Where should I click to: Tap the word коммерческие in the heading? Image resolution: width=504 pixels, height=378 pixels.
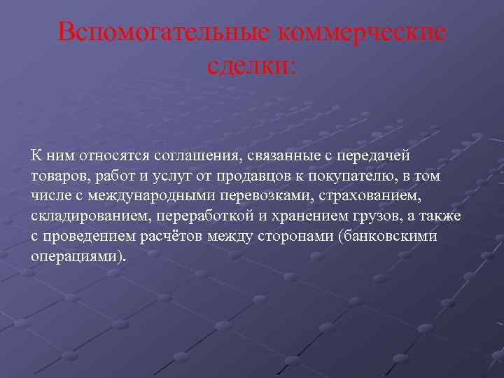(361, 32)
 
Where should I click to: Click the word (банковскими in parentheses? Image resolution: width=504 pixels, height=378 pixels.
(387, 236)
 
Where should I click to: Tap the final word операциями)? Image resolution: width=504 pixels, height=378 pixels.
(80, 256)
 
